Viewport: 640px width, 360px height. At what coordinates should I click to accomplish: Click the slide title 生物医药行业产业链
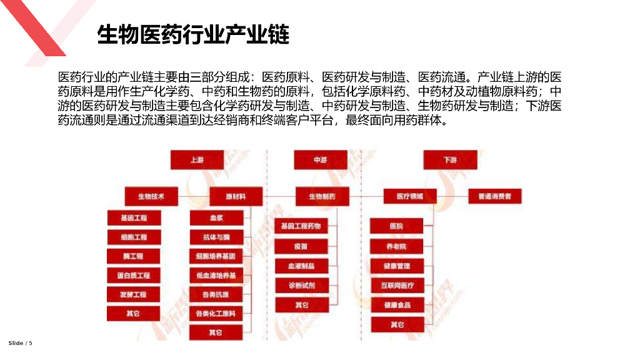tap(193, 35)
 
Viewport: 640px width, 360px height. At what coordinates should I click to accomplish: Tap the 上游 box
tap(197, 160)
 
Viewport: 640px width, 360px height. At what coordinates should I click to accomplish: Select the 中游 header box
tap(321, 160)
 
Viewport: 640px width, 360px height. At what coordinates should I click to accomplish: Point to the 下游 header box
tap(450, 160)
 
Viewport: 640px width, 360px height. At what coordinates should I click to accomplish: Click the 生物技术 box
tap(152, 196)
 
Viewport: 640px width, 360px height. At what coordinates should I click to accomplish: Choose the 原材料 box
tap(236, 196)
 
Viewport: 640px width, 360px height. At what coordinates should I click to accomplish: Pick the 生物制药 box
tap(322, 196)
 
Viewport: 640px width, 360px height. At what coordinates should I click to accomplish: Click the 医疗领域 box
tap(409, 196)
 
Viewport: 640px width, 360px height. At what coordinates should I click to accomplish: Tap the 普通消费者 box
tap(494, 196)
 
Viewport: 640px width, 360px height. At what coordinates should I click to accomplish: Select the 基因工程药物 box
tap(301, 226)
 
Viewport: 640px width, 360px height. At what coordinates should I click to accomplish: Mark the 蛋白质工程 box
tap(134, 275)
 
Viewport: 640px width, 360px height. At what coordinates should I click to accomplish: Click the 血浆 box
tap(216, 217)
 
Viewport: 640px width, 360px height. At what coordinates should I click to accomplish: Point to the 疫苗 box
tap(301, 246)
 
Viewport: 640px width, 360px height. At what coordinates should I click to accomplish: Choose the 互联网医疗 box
tap(397, 286)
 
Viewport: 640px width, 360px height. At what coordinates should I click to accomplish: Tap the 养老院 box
tap(397, 246)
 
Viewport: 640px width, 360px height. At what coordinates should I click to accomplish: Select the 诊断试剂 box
tap(301, 285)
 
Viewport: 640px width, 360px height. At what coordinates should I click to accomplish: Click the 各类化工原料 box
tap(216, 313)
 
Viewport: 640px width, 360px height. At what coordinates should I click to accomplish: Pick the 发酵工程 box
tap(134, 294)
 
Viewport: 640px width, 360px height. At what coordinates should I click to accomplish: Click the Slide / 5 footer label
tap(20, 343)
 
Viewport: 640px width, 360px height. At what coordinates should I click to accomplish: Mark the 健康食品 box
tap(397, 305)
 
